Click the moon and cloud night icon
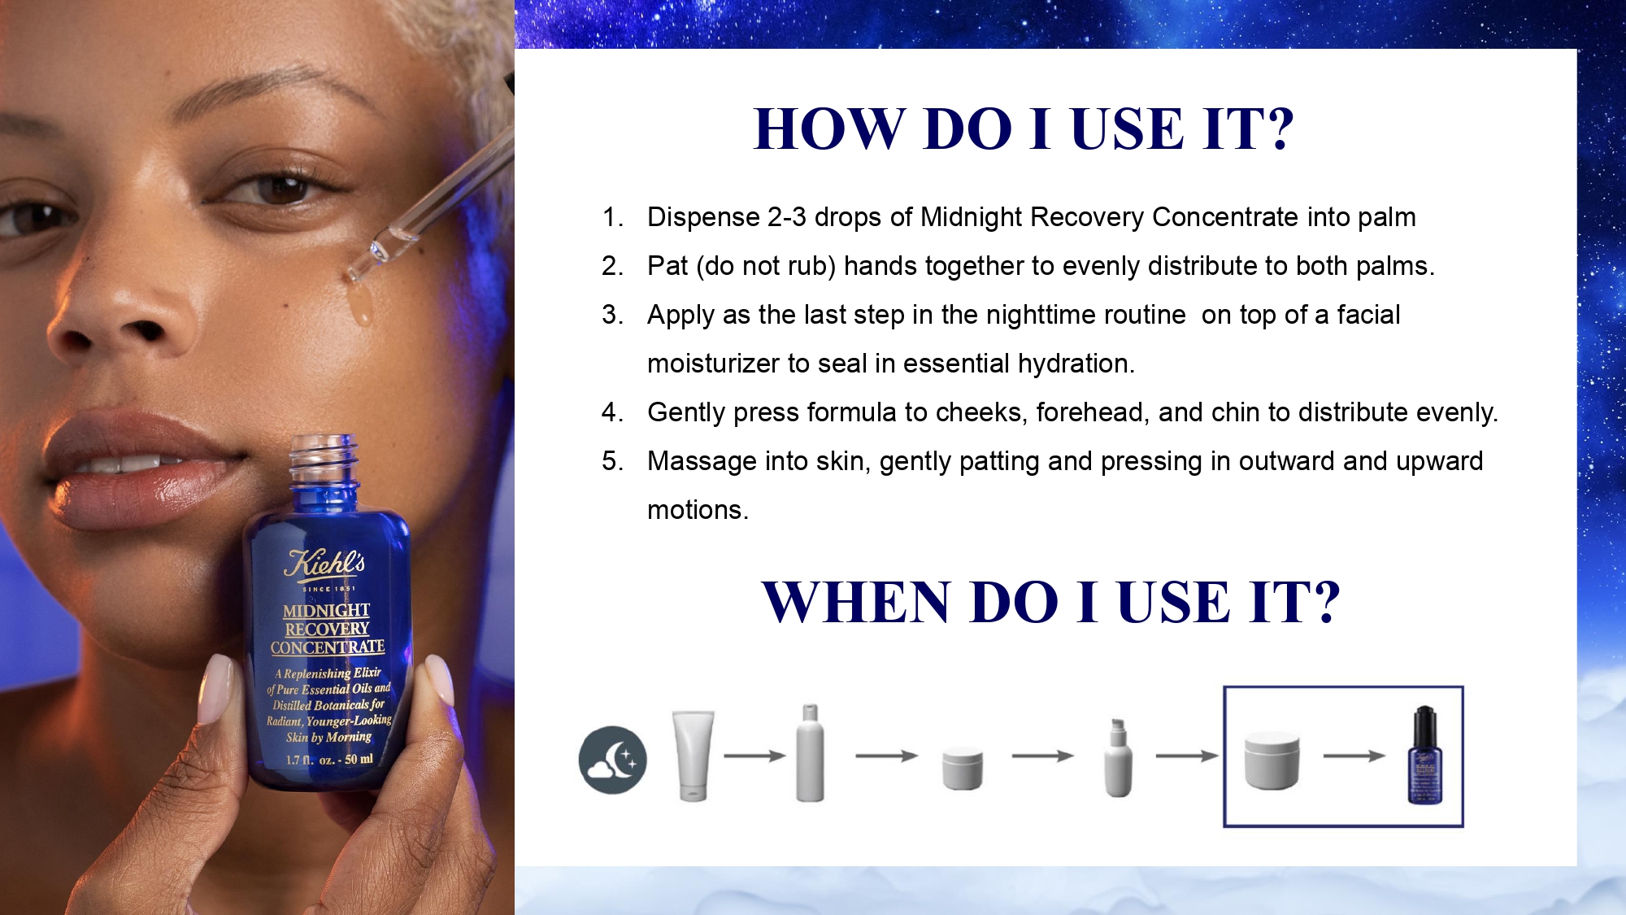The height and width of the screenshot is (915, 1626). [x=613, y=760]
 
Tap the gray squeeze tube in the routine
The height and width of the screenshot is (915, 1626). [x=693, y=756]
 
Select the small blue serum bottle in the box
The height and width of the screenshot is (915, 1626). [x=1424, y=755]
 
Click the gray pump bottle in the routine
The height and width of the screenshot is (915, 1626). [x=1118, y=757]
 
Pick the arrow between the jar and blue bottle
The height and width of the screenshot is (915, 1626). [x=1354, y=756]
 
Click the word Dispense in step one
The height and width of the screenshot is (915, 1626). [x=703, y=218]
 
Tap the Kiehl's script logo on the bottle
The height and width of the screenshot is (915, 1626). [x=324, y=564]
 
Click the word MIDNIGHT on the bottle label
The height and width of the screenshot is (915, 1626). [x=326, y=610]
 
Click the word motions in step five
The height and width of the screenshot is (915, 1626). [x=698, y=511]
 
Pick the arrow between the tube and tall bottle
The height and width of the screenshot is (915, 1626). [x=754, y=756]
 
